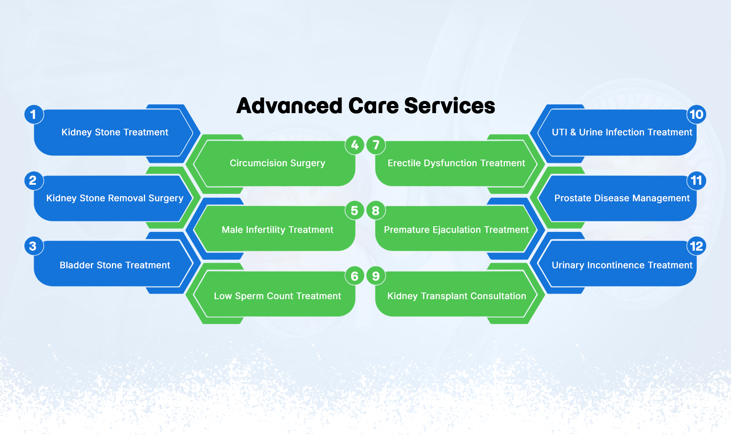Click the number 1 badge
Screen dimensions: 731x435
click(34, 114)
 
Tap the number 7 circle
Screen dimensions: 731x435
click(376, 145)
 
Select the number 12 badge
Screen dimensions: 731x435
click(696, 246)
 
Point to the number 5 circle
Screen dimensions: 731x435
click(354, 211)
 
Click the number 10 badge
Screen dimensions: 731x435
click(696, 114)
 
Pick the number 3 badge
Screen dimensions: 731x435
click(34, 246)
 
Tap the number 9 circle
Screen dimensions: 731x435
click(376, 276)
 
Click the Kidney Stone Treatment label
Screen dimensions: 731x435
click(115, 132)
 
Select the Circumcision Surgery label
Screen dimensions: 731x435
click(278, 163)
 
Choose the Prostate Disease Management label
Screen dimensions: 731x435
click(622, 198)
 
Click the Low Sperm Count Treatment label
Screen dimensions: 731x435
click(278, 296)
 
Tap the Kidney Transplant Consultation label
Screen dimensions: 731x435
click(456, 296)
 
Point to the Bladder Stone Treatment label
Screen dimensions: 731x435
click(115, 265)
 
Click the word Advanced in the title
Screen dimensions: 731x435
click(289, 106)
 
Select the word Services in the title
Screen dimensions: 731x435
click(450, 106)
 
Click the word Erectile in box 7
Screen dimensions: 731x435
click(404, 163)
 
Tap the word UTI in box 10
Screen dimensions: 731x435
click(560, 132)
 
